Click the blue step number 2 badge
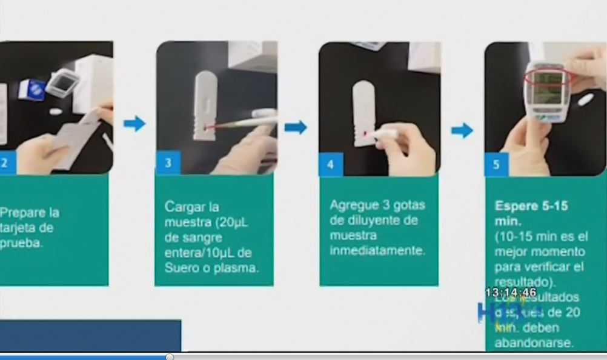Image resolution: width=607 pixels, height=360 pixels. click(x=5, y=164)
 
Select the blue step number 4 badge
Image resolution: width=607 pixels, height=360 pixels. click(x=331, y=164)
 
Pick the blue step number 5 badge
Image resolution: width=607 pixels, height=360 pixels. click(x=496, y=164)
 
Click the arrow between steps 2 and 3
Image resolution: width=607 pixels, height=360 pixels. click(x=134, y=124)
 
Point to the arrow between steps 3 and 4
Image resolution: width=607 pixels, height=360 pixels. click(x=296, y=127)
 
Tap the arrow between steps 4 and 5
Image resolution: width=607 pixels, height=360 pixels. click(x=462, y=130)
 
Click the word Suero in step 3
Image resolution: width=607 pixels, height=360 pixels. click(x=181, y=268)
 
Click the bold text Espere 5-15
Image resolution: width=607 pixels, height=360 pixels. click(x=531, y=206)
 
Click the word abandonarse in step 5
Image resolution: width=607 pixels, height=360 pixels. click(x=533, y=342)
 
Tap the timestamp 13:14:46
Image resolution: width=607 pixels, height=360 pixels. click(x=511, y=292)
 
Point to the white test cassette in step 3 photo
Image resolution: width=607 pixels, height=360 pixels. click(x=206, y=106)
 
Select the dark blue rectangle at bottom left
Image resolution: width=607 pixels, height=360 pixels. click(x=90, y=335)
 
